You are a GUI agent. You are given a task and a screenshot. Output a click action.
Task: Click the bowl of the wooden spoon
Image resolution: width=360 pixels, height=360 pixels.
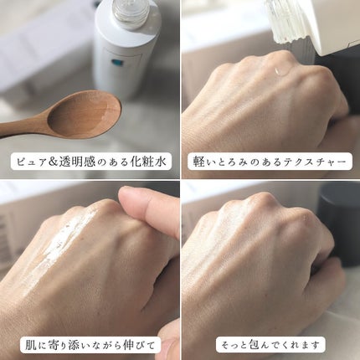pos(84,115)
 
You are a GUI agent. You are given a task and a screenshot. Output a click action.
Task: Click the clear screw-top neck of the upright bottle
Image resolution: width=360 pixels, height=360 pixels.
pos(131,12)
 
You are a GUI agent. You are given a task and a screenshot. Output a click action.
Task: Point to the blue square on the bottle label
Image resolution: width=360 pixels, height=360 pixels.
pos(115,62)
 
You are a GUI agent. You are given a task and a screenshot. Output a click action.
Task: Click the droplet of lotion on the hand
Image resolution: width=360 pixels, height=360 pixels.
pos(282,71)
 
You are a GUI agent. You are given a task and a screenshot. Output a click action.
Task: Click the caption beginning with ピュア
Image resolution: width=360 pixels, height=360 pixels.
pos(90,162)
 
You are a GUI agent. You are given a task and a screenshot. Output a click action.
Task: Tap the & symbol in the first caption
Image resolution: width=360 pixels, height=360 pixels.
pos(53,162)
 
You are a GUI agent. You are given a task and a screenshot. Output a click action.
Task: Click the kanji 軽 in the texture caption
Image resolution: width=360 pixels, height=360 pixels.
pos(198,162)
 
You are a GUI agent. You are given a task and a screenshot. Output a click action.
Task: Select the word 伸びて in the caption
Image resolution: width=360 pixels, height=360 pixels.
pos(139,345)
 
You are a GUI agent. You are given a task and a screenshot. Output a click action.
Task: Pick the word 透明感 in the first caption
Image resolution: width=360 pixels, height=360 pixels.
pos(76,162)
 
